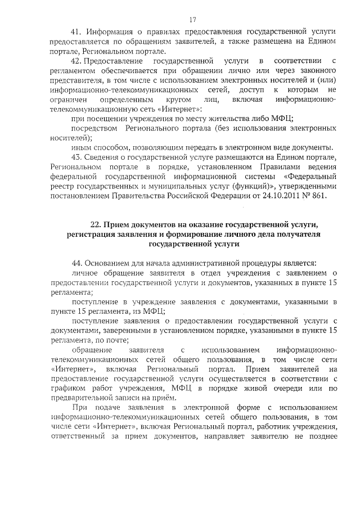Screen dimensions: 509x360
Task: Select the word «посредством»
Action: [92, 128]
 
